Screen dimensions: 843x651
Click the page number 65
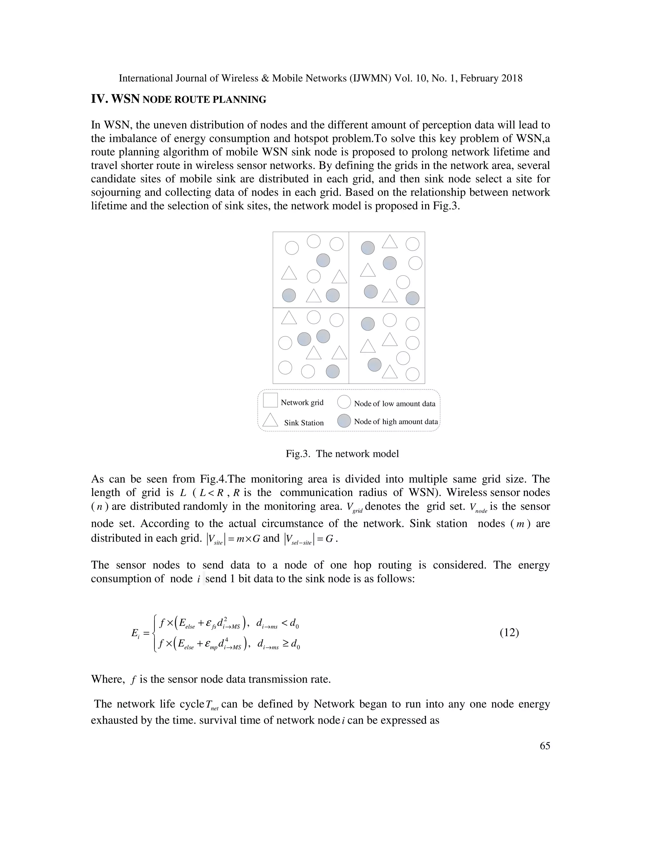pyautogui.click(x=545, y=746)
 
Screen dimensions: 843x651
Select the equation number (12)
pyautogui.click(x=509, y=632)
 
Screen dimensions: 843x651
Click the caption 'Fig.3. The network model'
pyautogui.click(x=342, y=454)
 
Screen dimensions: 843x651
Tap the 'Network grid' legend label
pyautogui.click(x=302, y=403)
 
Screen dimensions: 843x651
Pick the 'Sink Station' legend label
pyautogui.click(x=304, y=423)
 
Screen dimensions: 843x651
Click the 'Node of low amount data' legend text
pyautogui.click(x=394, y=404)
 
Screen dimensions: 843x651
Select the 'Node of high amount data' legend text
pyautogui.click(x=396, y=421)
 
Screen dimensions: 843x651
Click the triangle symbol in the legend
pyautogui.click(x=270, y=420)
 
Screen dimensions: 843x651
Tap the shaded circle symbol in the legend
pyautogui.click(x=344, y=421)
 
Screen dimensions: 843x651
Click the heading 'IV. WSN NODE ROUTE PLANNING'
pyautogui.click(x=179, y=99)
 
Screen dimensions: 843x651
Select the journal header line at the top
pyautogui.click(x=320, y=78)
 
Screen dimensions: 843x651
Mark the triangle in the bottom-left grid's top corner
pyautogui.click(x=289, y=318)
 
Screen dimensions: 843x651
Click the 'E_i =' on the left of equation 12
pyautogui.click(x=140, y=633)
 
